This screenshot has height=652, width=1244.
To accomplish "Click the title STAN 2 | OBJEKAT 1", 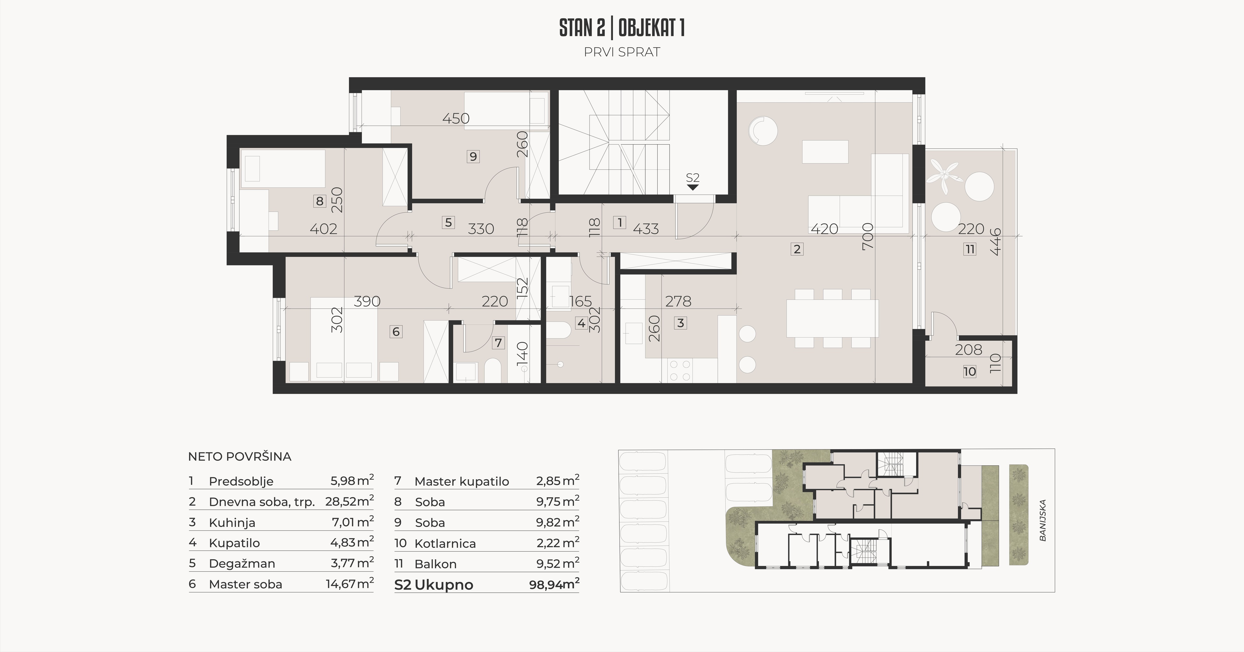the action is (x=622, y=28).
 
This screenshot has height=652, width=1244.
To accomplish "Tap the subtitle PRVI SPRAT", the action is (x=622, y=52).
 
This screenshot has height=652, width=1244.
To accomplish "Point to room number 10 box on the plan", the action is (x=969, y=371).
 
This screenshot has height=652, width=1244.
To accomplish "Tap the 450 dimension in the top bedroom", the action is (x=456, y=118).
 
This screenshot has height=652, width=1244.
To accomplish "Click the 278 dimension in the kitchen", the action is (x=678, y=301).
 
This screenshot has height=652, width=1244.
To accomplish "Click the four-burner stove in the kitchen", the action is (x=680, y=370).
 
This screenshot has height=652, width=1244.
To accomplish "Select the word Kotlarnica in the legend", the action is (x=445, y=543).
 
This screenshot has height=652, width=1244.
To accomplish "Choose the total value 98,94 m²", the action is (x=554, y=584).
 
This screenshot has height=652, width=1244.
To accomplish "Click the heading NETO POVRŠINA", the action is (x=239, y=456).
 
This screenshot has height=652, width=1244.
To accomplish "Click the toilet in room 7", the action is (x=492, y=370).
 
